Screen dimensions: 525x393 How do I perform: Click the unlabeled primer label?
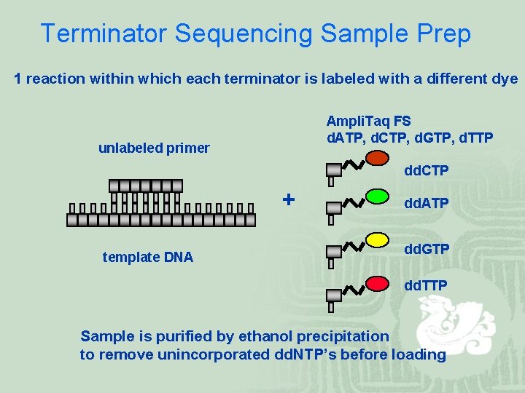(154, 148)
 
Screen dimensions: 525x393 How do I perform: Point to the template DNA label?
(148, 256)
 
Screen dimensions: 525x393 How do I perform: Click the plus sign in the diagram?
(289, 199)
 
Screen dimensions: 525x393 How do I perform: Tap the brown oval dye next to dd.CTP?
(377, 158)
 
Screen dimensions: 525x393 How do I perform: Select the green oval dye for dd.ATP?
(377, 196)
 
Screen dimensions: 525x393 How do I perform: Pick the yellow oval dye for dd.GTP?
(377, 239)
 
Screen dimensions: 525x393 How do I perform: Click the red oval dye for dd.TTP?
(377, 282)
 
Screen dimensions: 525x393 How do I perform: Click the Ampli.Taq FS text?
(368, 121)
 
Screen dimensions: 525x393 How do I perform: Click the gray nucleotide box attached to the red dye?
(333, 295)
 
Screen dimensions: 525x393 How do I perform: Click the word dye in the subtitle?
(505, 79)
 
